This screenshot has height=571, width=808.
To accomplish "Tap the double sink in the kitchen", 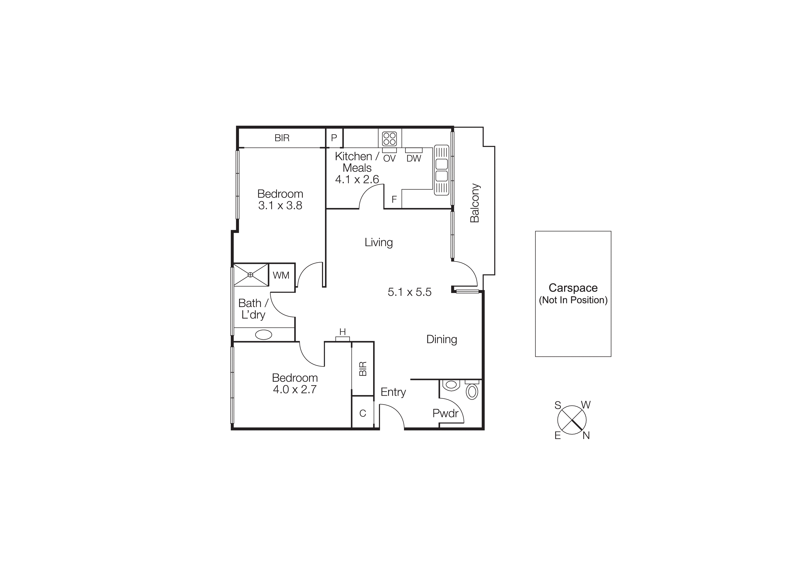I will (x=442, y=170).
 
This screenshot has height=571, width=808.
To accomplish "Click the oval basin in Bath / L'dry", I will (x=263, y=335).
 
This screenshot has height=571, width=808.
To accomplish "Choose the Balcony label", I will (x=475, y=203).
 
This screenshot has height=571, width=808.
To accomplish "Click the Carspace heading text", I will (x=573, y=288).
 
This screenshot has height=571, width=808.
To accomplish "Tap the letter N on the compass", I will (x=586, y=436).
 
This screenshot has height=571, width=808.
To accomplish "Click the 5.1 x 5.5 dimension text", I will (x=409, y=292).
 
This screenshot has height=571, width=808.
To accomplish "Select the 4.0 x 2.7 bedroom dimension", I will (x=295, y=389).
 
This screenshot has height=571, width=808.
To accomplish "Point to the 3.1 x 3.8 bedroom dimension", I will (x=280, y=205).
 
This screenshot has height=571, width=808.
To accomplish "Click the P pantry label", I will (x=334, y=138).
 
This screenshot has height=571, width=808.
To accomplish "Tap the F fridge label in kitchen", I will (x=394, y=199).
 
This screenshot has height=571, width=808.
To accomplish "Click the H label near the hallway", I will (x=343, y=332).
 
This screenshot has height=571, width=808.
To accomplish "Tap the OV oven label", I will (x=389, y=159).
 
